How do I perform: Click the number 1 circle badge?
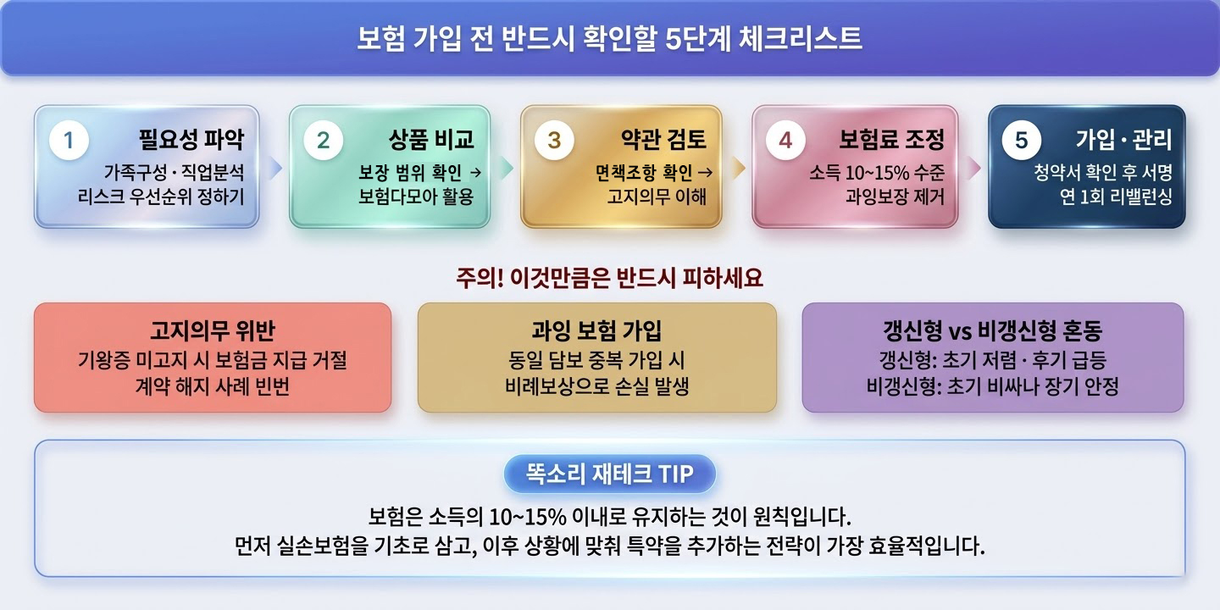69,141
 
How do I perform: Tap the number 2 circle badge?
323,141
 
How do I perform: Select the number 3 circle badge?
554,141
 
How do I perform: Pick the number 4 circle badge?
785,141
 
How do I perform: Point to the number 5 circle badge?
1021,141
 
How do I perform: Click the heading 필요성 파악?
191,140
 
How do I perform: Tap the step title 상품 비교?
431,140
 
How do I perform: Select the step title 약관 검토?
663,140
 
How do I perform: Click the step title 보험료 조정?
891,140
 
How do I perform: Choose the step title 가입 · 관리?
1123,140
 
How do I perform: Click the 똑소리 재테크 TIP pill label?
609,474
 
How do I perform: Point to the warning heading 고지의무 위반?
212,330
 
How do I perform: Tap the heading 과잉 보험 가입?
596,330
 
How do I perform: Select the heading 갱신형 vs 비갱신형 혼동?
992,330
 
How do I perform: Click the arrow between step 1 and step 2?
274,168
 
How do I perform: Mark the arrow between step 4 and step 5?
973,168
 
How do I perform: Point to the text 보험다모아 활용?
416,197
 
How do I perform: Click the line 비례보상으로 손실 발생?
596,387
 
